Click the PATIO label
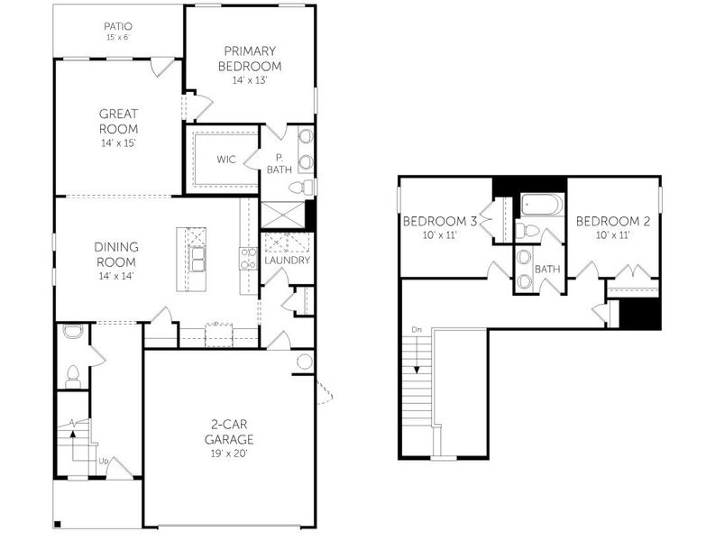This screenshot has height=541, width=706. point(118,26)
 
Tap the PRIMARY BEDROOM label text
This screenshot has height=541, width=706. point(251,59)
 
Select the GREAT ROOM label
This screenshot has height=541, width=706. point(118,121)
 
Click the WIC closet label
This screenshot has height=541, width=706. point(226,160)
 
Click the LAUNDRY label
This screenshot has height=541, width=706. point(288,261)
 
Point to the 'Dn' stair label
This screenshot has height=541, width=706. point(415,330)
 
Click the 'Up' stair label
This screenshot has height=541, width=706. point(104,462)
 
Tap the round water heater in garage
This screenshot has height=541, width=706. point(305,362)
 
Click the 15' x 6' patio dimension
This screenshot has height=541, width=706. point(118,39)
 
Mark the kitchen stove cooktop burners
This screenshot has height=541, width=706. point(245,259)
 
